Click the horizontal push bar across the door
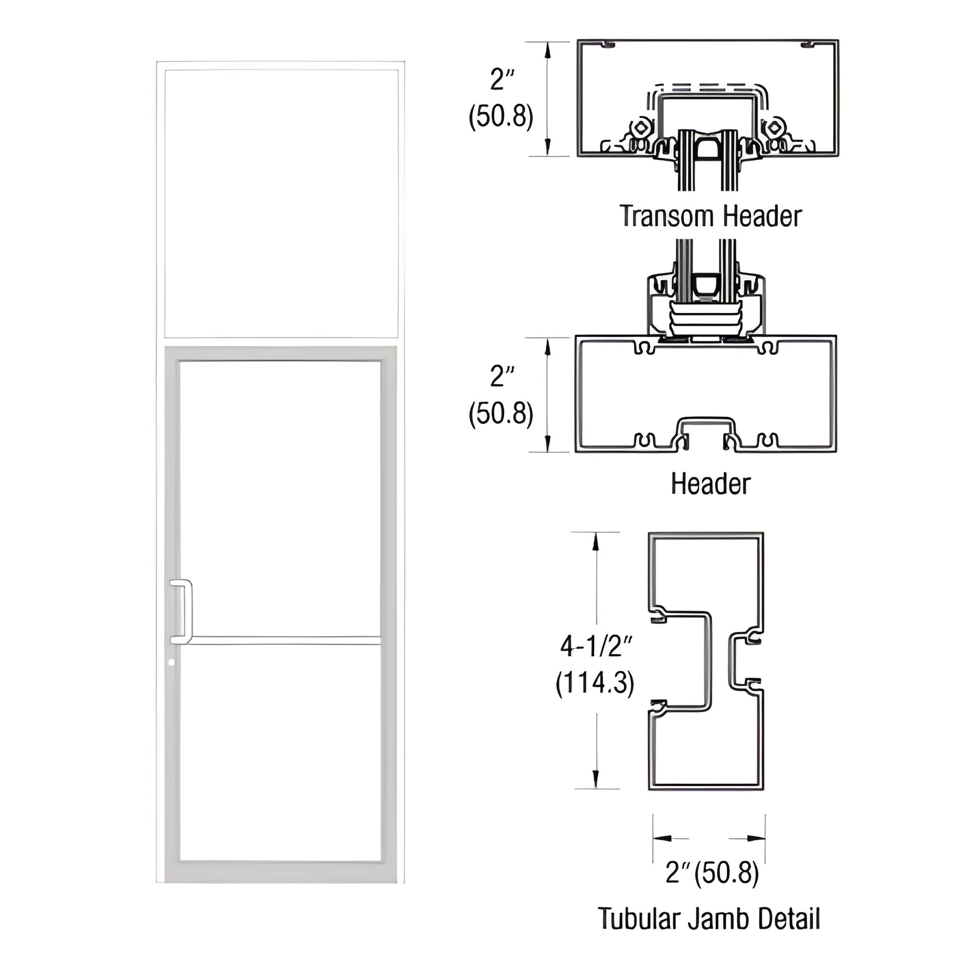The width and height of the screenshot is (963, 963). (x=284, y=640)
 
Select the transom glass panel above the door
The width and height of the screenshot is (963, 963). (x=281, y=203)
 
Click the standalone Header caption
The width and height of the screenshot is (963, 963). (x=710, y=484)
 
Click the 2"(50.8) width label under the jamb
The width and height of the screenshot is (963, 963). (x=712, y=873)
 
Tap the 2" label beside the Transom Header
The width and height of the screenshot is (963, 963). (x=501, y=80)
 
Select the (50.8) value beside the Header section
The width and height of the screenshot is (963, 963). (x=501, y=414)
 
